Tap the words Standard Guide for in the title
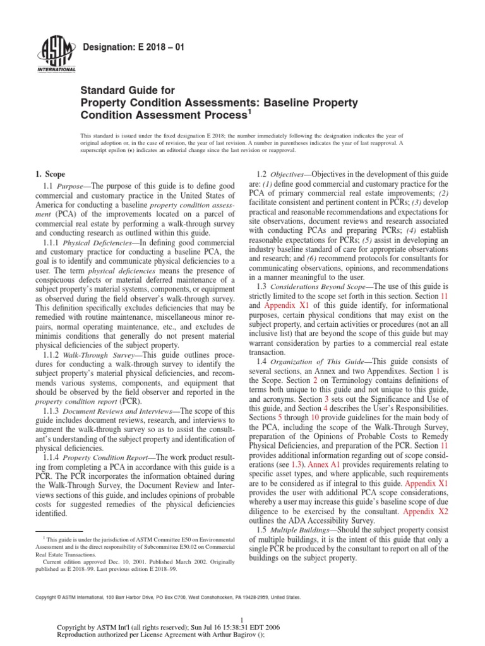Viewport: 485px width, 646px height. tap(124, 90)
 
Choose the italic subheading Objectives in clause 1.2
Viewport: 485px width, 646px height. tap(289, 173)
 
